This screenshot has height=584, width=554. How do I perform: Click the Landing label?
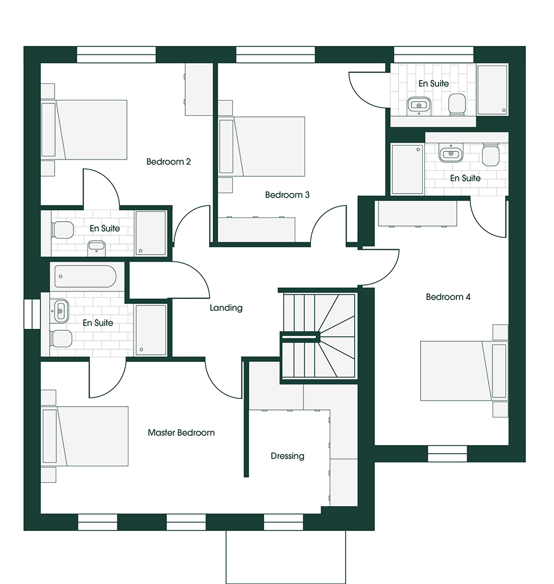[226, 308]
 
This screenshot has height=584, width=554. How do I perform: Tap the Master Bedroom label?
[181, 433]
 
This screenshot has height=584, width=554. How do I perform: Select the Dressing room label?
[287, 456]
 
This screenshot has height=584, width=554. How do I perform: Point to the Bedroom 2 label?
[168, 162]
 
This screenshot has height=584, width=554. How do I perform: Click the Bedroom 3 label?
[287, 195]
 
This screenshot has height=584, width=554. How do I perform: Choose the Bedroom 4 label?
[448, 297]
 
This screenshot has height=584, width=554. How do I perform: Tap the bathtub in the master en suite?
[85, 276]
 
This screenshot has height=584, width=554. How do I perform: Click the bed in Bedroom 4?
[464, 371]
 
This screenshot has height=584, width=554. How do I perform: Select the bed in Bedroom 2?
[84, 130]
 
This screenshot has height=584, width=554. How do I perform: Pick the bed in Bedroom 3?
[262, 147]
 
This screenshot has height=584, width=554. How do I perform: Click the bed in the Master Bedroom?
[85, 436]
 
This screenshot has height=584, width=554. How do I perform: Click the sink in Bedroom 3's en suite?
[419, 105]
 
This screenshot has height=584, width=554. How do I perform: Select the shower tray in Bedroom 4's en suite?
[407, 169]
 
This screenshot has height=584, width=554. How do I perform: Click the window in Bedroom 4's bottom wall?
[447, 454]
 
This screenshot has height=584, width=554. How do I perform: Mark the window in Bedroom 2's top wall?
[117, 55]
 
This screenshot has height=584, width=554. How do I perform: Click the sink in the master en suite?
[61, 310]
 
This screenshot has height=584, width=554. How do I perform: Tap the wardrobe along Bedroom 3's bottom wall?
[256, 229]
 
